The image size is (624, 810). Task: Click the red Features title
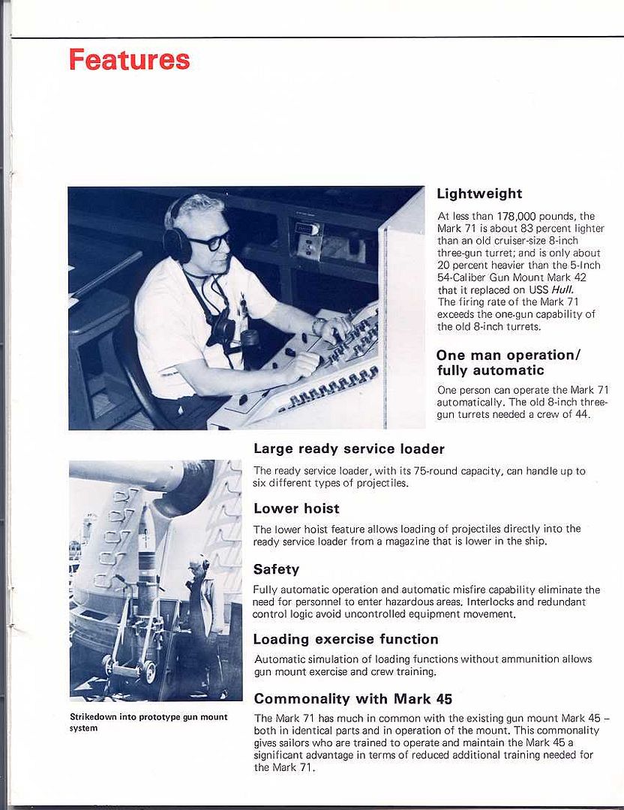point(129,60)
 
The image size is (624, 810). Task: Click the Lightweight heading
point(479,193)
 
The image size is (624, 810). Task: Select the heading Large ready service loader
point(349,449)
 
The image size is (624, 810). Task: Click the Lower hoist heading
point(296,508)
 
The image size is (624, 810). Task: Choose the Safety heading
point(276,569)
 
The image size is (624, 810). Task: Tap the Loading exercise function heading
point(346,639)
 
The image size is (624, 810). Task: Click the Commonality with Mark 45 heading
point(352,699)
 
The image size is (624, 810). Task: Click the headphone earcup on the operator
point(178,244)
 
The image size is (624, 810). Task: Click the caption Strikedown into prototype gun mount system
point(148,722)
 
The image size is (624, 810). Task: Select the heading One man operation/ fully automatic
point(508,362)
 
